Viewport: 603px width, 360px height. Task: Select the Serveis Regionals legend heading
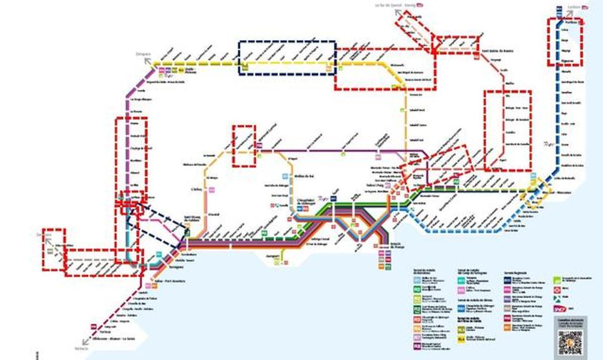point(516,272)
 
